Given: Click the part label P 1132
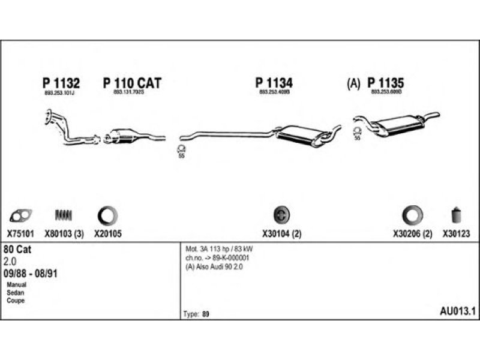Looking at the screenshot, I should point(61,83).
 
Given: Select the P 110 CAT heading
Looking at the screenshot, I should point(133,83).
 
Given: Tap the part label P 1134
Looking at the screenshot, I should point(274,83).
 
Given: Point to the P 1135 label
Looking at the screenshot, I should point(386,83).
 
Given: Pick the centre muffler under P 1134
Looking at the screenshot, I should point(304,135).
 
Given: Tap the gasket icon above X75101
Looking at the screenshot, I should point(22,215).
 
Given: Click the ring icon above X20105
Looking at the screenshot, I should point(107,215).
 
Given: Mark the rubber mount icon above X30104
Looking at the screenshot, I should point(281,215).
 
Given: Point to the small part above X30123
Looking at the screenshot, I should point(455,215).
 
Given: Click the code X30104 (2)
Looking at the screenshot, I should point(281,235).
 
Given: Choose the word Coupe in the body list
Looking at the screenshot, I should point(16,301).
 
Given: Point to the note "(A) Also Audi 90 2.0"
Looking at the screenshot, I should point(214,266).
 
